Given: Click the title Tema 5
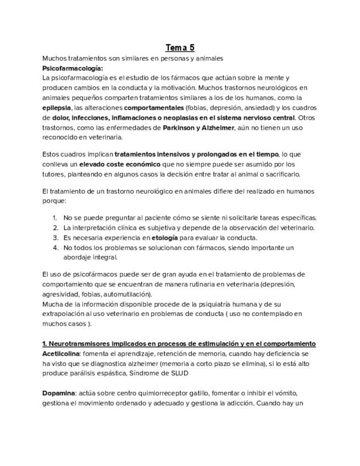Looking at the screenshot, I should [x=180, y=48].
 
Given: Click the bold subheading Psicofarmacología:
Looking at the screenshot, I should [x=73, y=68].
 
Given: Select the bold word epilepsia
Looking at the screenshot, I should [x=57, y=108].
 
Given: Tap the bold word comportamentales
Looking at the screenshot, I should [x=153, y=108].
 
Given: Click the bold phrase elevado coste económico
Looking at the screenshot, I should [x=120, y=164].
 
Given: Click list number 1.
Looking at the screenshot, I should [x=56, y=218].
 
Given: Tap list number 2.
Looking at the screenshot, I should [x=56, y=228].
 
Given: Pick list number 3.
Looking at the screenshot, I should [x=56, y=237].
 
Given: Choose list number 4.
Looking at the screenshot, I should [x=56, y=247].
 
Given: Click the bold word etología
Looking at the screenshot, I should [x=164, y=237].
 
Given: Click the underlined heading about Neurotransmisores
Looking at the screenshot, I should [x=179, y=344].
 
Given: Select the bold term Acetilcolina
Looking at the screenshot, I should [x=61, y=354].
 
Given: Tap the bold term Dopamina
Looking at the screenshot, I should [x=58, y=393].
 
